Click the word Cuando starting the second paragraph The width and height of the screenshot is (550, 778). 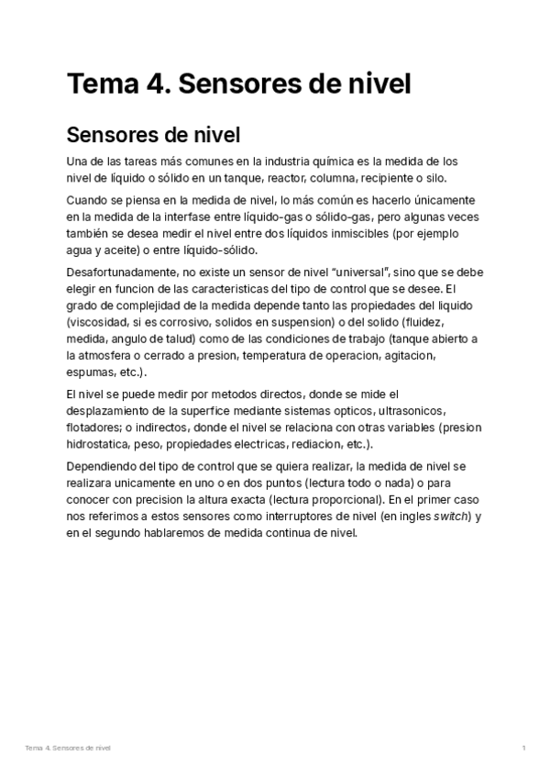(x=90, y=200)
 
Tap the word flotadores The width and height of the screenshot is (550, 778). (x=94, y=427)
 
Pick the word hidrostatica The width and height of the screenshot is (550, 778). (x=98, y=443)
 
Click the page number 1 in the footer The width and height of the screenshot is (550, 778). (x=522, y=750)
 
